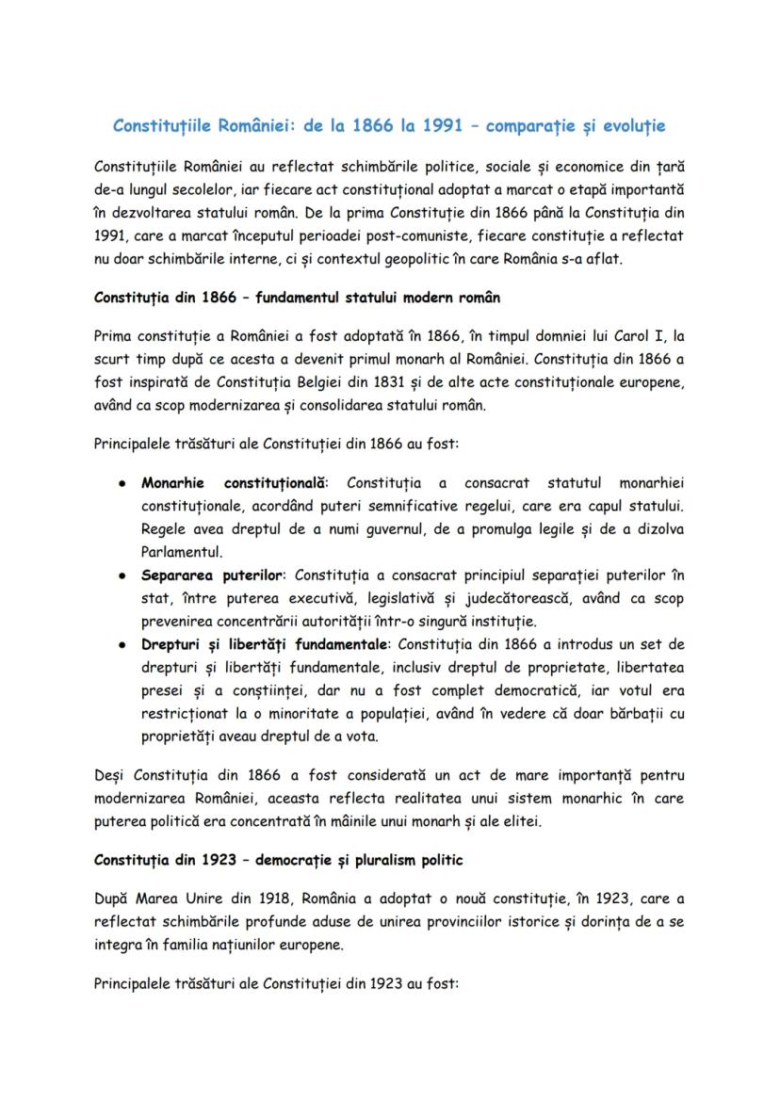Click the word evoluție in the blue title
point(636,125)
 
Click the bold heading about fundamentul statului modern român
point(297,297)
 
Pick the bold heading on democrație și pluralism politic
point(278,861)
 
